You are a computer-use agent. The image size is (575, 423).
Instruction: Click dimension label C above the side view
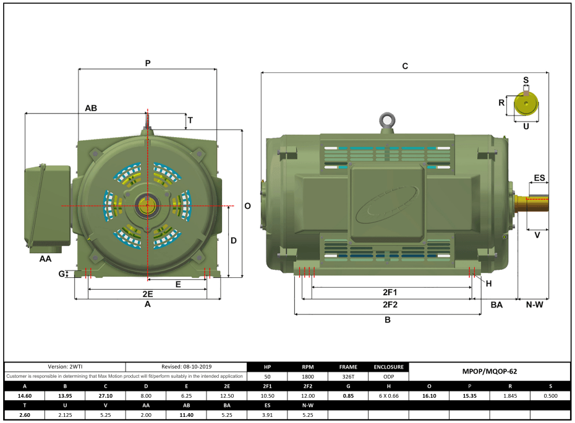coord(405,66)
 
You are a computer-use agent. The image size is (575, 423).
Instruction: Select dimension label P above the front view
coord(148,63)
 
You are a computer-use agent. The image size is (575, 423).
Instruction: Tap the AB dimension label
coord(91,108)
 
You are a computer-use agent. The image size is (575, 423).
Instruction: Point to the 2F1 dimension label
coord(390,292)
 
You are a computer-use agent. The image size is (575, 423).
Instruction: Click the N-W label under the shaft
coord(534,304)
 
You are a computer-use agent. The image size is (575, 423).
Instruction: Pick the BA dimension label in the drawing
coord(496,304)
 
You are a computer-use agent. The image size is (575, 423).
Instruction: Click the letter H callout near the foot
coord(488,283)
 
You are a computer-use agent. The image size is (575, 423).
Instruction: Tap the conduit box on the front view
coord(47,205)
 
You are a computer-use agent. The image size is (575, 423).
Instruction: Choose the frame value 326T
coord(348,376)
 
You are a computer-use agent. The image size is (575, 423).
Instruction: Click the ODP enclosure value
coord(388,376)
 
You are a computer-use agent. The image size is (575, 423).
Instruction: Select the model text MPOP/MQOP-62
coord(489,372)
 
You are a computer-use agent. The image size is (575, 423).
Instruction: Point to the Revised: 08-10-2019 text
coord(186,367)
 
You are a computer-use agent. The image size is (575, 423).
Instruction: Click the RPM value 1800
coord(308,376)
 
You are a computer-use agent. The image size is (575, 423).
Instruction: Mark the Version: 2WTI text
coord(65,367)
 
